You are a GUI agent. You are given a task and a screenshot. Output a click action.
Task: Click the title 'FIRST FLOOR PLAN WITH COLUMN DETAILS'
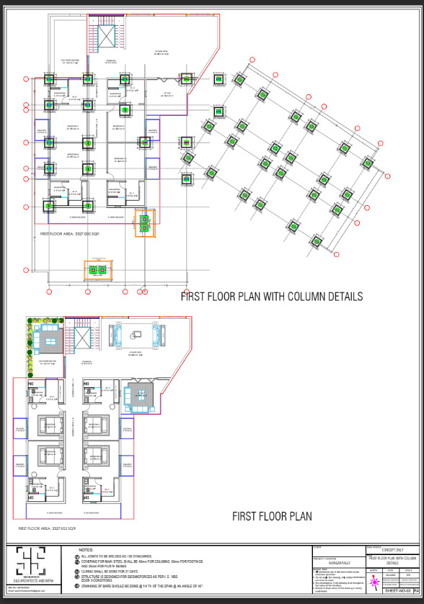271,297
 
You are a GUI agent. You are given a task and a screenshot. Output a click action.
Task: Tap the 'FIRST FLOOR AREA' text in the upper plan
70,234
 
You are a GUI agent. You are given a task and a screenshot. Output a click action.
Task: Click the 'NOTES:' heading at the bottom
86,550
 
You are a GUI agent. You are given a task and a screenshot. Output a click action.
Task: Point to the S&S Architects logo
31,562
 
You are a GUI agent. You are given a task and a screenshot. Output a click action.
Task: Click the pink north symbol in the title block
375,580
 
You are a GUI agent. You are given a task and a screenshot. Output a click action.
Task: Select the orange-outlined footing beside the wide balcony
145,222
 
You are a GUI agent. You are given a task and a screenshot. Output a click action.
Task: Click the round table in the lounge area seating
135,335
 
